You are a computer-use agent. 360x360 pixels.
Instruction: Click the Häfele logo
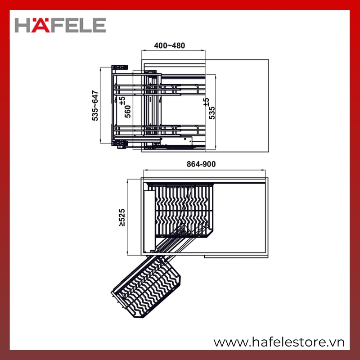(60, 25)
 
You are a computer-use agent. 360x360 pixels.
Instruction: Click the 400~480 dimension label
(170, 45)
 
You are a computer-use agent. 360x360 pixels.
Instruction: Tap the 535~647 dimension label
(95, 106)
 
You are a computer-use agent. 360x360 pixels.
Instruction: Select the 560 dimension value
(128, 112)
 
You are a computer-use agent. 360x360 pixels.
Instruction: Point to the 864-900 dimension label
(201, 164)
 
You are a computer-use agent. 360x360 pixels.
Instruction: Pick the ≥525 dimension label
(122, 217)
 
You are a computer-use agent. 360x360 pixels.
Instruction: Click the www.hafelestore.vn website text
(279, 342)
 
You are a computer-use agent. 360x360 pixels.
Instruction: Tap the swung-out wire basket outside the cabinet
(146, 287)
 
